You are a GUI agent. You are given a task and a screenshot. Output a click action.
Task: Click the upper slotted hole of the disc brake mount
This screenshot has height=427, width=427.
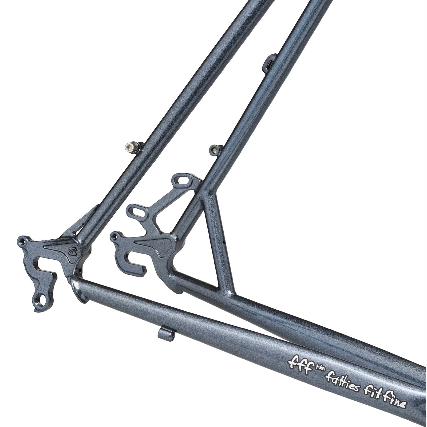click(x=183, y=181)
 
